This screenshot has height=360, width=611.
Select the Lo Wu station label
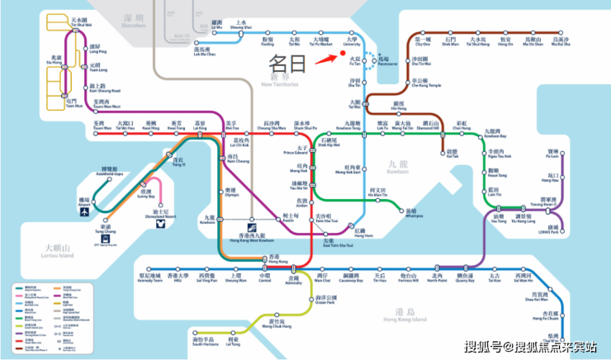click(217, 25)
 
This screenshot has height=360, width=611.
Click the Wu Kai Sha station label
click(561, 41)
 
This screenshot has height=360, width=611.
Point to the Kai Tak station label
click(451, 154)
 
